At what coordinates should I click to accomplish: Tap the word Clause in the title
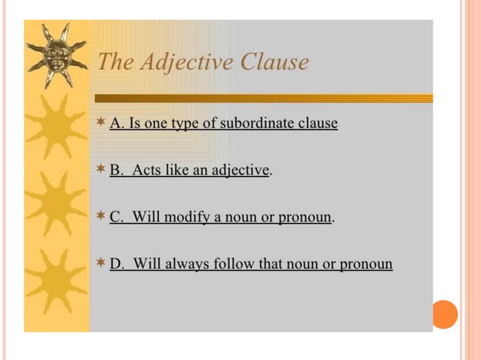pyautogui.click(x=274, y=62)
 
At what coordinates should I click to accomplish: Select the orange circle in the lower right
pyautogui.click(x=445, y=313)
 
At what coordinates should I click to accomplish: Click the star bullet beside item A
pyautogui.click(x=102, y=121)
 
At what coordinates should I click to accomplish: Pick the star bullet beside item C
pyautogui.click(x=102, y=216)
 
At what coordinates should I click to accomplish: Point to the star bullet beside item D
pyautogui.click(x=102, y=263)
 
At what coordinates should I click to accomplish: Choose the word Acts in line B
pyautogui.click(x=146, y=170)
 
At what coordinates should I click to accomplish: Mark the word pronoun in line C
pyautogui.click(x=305, y=218)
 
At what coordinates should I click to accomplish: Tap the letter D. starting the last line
pyautogui.click(x=117, y=264)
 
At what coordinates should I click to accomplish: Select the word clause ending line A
pyautogui.click(x=318, y=123)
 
